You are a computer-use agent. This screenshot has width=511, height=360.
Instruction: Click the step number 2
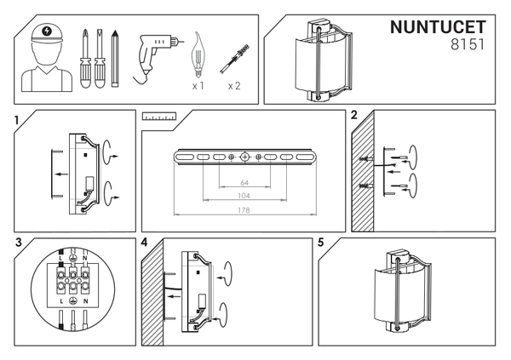[353, 114]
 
